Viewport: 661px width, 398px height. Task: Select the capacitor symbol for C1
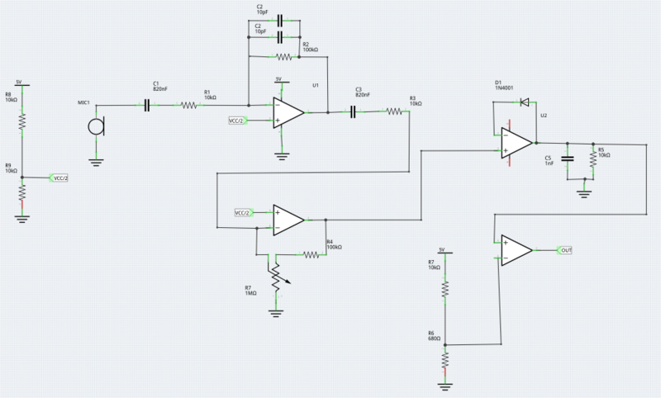coord(148,105)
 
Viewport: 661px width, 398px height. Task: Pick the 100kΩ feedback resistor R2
coord(284,57)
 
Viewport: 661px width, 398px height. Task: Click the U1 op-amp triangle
coord(288,112)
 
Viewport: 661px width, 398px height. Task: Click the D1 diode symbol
coord(522,102)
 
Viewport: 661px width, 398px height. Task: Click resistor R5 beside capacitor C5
coord(592,157)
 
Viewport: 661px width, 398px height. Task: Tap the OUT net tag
coord(565,249)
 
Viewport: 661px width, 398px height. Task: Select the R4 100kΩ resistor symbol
coord(310,255)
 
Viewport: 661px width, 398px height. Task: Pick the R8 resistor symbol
coord(22,121)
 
